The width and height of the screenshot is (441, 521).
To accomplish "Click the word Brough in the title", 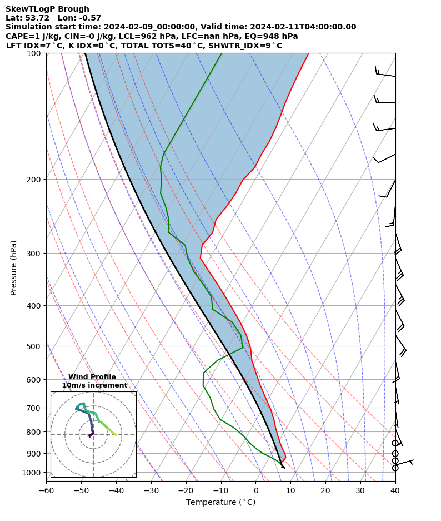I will coord(72,9).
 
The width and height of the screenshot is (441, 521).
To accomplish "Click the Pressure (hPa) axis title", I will coord(14,267).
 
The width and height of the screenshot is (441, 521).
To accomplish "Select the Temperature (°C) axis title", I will coord(220,503).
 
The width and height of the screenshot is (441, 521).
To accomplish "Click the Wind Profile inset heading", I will coord(92,377).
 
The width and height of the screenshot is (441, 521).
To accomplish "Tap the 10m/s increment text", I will coord(94,385).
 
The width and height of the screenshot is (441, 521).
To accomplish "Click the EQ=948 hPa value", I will coord(274,36).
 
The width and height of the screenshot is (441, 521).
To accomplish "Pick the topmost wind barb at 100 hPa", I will coord(385,72).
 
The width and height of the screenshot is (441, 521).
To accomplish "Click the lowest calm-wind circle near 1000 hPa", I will coord(395,468).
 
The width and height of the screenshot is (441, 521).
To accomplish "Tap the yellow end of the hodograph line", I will coord(116,435).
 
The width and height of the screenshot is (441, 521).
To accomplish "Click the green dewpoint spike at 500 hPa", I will coord(243,348).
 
